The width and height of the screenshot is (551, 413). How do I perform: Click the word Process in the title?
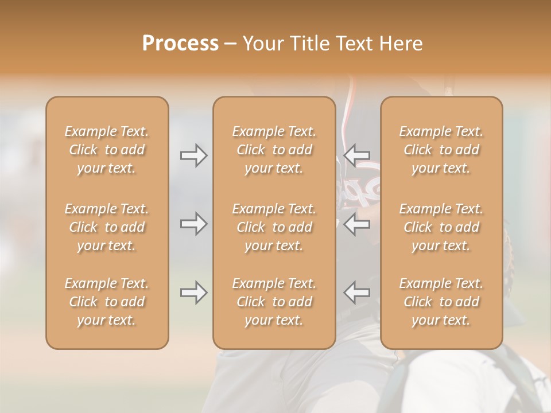180,44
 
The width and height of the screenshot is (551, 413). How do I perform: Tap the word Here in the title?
401,44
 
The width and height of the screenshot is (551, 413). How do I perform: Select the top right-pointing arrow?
193,155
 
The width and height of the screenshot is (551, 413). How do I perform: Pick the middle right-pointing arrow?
193,224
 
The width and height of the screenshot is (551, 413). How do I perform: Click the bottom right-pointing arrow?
193,293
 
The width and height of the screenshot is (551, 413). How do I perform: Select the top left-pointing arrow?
357,155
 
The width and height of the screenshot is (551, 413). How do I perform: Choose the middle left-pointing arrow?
357,224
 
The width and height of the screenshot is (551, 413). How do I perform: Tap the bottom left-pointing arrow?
357,293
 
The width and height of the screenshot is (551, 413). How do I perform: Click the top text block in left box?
107,150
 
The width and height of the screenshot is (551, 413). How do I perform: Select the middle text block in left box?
107,227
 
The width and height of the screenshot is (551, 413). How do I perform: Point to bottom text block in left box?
107,302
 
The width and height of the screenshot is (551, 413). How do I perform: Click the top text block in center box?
274,150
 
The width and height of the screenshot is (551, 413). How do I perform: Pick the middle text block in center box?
274,227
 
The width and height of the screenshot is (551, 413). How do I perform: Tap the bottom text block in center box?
274,302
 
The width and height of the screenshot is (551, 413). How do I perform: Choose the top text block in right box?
441,150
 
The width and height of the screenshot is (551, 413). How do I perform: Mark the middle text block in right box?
441,227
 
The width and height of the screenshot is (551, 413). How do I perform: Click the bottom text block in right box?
441,302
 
